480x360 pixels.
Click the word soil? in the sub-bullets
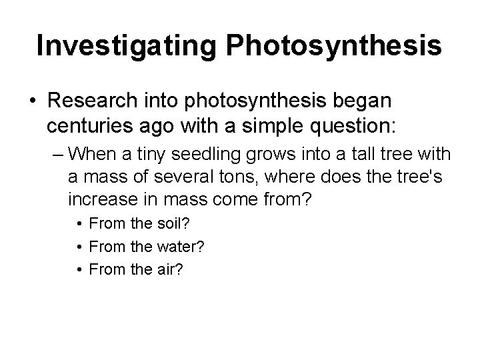[x=158, y=223]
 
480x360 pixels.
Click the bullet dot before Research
[x=32, y=101]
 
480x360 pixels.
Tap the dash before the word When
[x=57, y=155]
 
